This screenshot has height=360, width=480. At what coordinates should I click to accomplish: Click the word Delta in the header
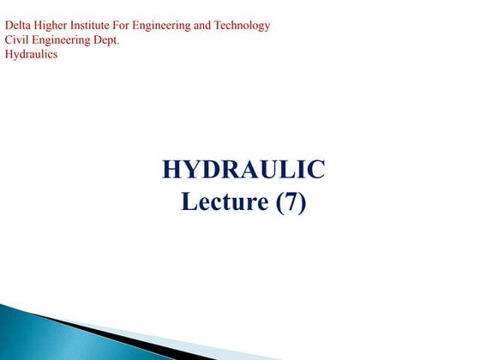18,25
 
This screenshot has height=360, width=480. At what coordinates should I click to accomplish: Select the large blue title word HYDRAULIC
243,170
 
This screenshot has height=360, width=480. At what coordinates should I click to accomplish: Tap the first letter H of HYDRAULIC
171,170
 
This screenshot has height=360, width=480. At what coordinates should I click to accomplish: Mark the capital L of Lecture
189,203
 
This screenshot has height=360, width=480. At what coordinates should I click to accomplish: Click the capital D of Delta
9,25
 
